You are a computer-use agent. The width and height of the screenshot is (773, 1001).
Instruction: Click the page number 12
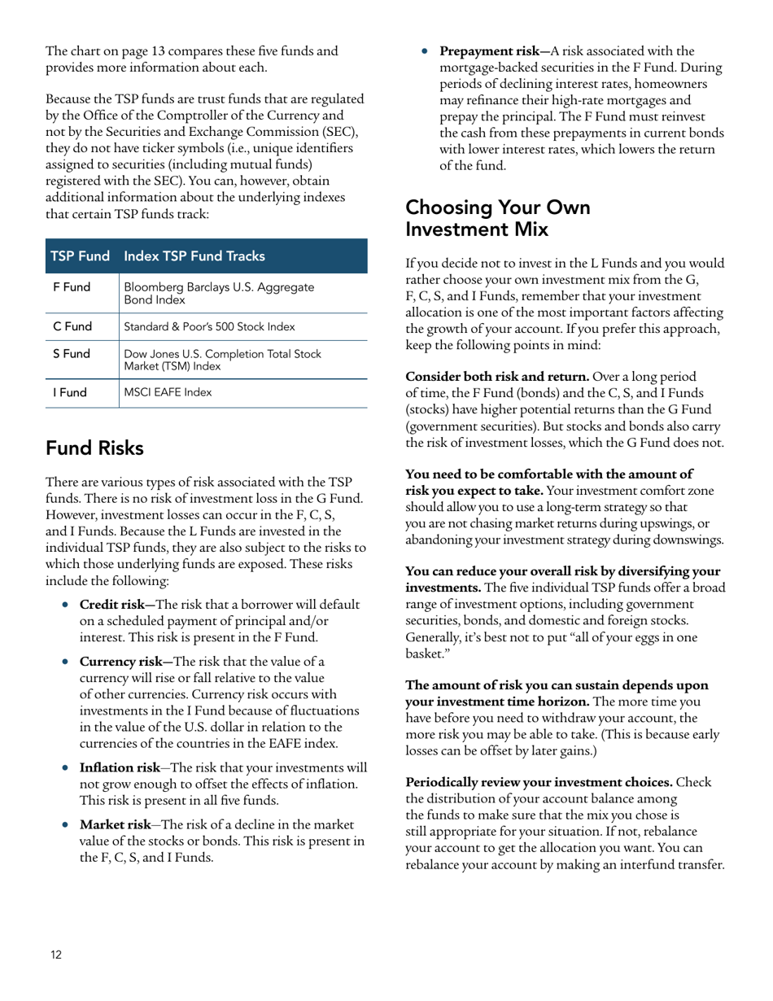[55, 955]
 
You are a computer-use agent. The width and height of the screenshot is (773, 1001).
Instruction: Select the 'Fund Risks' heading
[94, 448]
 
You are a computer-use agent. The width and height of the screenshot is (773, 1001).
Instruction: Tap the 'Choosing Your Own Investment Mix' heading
[497, 218]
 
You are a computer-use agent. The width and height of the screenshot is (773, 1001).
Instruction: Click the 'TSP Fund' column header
[80, 256]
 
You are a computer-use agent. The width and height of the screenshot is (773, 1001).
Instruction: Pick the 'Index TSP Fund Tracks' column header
[194, 256]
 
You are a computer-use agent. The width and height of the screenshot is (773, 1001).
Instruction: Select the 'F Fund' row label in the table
[72, 287]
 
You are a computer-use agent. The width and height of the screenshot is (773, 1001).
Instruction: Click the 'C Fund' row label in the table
[72, 326]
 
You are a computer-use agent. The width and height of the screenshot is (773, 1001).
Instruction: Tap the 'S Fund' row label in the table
[72, 354]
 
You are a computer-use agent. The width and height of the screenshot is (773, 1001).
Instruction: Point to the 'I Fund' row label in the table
[70, 392]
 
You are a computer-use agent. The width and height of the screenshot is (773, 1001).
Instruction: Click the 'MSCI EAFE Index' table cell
[168, 392]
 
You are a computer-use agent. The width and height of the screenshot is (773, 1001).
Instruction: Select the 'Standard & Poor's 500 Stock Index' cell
[209, 326]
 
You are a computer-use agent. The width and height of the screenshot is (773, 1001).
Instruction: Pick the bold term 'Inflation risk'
[119, 767]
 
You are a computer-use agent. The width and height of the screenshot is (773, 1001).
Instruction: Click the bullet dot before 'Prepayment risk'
[426, 51]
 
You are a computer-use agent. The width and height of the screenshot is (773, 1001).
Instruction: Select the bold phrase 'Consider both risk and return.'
[497, 377]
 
